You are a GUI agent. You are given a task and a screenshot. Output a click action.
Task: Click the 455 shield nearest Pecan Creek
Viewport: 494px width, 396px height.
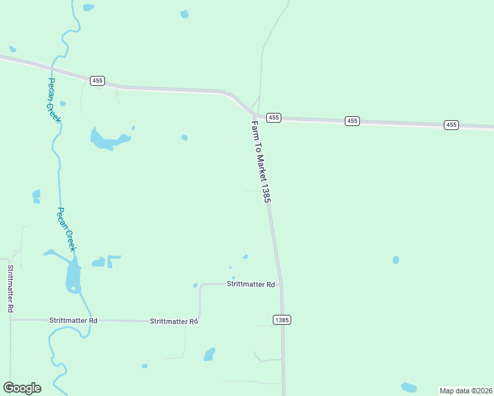tap(98, 81)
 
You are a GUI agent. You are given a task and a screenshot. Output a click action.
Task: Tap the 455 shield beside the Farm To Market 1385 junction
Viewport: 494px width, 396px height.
tap(274, 117)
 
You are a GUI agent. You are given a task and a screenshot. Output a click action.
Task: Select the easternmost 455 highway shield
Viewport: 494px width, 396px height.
tap(451, 125)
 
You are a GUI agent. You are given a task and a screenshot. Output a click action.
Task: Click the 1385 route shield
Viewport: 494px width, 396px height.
tap(281, 320)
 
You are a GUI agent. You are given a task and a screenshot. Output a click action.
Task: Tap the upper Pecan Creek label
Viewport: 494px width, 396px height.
tap(53, 100)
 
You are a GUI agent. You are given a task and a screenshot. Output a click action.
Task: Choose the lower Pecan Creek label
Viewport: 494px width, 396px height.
tap(67, 229)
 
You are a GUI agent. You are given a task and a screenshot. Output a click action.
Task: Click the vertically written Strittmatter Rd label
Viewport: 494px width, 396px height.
tap(10, 288)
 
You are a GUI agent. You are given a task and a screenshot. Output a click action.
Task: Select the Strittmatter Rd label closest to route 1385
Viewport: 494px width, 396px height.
tap(250, 284)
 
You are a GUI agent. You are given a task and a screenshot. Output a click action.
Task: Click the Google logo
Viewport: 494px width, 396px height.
tap(22, 388)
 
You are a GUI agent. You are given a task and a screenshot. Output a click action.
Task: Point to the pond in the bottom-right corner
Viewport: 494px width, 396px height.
tap(409, 387)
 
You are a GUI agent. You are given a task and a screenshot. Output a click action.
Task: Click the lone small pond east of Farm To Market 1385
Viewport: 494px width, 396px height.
tap(396, 260)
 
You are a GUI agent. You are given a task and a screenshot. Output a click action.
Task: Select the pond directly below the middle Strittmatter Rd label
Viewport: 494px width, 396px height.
tap(209, 354)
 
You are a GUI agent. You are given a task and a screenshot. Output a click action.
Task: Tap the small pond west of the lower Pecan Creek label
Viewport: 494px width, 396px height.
tap(36, 196)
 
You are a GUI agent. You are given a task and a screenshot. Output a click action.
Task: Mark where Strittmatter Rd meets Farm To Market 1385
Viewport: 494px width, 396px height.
tap(281, 285)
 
